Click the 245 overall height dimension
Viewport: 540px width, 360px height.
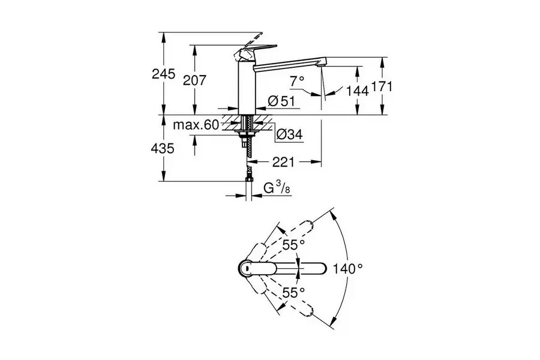tap(164, 74)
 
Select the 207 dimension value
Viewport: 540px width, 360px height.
tap(194, 80)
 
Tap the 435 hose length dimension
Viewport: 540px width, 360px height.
tap(163, 148)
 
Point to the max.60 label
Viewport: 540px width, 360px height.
tap(196, 125)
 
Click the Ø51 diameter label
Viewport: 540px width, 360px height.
tap(281, 101)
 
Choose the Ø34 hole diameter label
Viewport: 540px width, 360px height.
tap(290, 134)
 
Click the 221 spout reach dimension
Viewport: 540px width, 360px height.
tap(284, 161)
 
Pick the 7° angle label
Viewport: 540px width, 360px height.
tap(297, 82)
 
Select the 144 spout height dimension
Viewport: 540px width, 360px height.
tap(357, 91)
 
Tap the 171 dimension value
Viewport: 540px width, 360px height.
tap(381, 86)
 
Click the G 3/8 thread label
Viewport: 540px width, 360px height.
tap(277, 188)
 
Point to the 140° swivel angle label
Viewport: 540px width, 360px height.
tap(348, 268)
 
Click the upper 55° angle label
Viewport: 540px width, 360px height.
tap(294, 245)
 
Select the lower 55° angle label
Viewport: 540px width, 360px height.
tap(294, 293)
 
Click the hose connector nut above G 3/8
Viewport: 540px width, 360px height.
tap(248, 179)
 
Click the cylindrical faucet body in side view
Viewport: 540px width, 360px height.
tap(247, 87)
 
